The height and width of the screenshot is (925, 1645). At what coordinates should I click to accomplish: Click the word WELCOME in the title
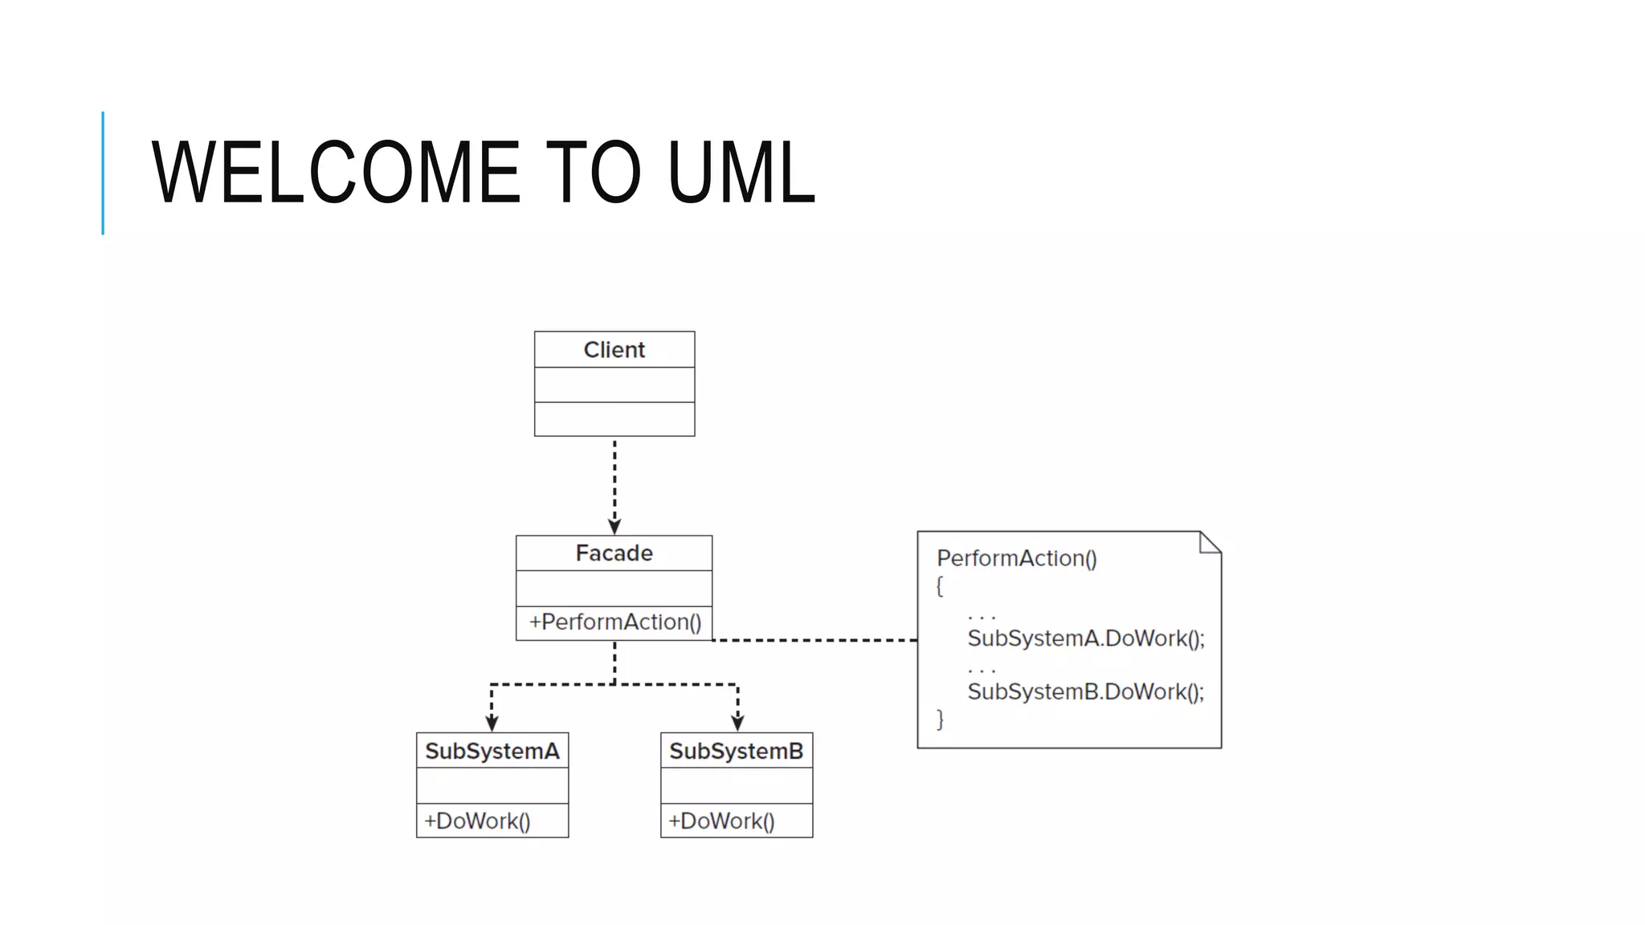pos(336,172)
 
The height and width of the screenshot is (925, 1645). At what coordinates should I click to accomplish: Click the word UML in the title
pos(740,172)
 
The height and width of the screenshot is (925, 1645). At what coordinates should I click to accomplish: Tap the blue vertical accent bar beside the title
pos(103,173)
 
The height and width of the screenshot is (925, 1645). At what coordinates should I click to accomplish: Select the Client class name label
pos(614,350)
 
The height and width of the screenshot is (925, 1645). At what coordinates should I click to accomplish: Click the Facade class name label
pos(614,553)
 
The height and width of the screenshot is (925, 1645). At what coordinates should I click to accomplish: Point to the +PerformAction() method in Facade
pos(614,622)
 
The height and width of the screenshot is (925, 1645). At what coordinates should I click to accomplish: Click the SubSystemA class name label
pos(492,752)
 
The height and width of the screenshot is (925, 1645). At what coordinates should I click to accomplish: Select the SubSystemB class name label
pos(736,752)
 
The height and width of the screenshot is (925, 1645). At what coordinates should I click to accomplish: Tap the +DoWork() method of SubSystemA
pos(477,821)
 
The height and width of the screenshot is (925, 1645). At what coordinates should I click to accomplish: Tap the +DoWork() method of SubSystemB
pos(721,821)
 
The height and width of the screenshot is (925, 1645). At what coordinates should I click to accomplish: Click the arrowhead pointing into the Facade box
pos(614,527)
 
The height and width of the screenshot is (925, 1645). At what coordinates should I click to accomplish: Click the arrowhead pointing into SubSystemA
pos(492,723)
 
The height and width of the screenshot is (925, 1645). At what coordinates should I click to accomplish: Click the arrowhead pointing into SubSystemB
pos(737,723)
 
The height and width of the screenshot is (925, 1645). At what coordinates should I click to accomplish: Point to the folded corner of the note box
pos(1210,543)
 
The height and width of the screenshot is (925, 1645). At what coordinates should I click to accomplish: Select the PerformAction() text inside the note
pos(1016,558)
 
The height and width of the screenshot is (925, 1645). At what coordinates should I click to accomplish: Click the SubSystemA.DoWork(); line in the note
pos(1085,638)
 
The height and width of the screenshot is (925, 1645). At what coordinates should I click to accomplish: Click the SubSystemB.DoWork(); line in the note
pos(1085,691)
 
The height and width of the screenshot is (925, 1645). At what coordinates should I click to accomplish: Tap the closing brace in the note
pos(940,719)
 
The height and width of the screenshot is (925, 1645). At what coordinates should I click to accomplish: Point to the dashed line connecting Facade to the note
pos(814,640)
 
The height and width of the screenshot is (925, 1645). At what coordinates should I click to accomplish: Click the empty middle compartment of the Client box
pos(614,385)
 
